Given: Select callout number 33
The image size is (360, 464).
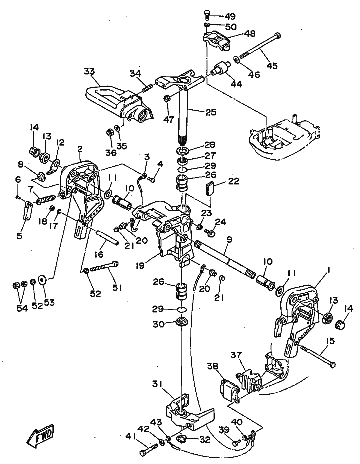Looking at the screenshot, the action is (x=89, y=71).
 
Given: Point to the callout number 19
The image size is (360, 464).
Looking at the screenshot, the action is (x=140, y=265).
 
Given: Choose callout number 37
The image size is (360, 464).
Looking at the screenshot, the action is (x=237, y=355).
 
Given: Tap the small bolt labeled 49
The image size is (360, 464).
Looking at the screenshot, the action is (x=207, y=14).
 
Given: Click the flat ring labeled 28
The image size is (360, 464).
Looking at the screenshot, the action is (x=184, y=151).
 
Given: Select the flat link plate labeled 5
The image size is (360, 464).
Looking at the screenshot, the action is (x=27, y=210).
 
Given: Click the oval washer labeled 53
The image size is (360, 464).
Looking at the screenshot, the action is (x=43, y=279).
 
